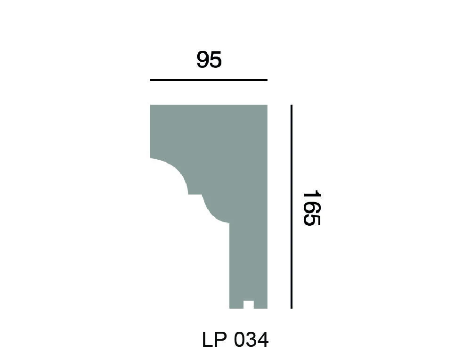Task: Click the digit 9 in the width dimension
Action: (x=203, y=60)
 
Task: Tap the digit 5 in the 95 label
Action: (x=216, y=60)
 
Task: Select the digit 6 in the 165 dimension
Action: (x=311, y=208)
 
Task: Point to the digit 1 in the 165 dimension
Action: (x=311, y=195)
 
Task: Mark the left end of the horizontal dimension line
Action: (x=151, y=80)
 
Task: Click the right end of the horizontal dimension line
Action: (x=267, y=80)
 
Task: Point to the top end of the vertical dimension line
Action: (x=292, y=106)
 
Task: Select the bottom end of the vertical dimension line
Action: (x=292, y=308)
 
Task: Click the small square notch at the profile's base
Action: (x=248, y=304)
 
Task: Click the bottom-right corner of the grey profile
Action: (x=267, y=308)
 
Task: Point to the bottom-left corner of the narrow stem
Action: (x=230, y=308)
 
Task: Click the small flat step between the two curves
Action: (x=195, y=194)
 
